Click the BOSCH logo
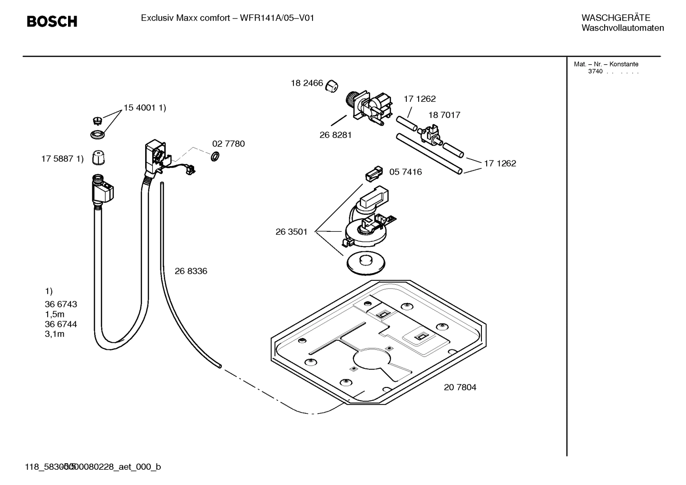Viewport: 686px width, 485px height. coord(52,21)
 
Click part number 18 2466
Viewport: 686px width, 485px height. coord(307,83)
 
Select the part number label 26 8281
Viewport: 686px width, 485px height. coord(335,135)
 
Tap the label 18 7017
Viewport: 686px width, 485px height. coord(444,115)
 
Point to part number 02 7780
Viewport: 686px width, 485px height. coord(228,144)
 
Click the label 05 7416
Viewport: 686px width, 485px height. coord(405,172)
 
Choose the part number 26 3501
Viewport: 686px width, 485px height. coord(291,232)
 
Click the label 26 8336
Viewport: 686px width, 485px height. coord(191,271)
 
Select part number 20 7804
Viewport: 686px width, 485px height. coord(460,387)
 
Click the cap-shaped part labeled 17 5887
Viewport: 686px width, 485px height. coord(98,157)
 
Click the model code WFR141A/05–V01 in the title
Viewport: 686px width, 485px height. coord(277,18)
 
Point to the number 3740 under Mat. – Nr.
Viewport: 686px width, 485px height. coord(595,72)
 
